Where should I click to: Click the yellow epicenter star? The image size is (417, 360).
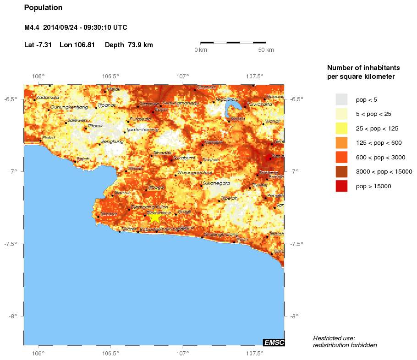coord(155,218)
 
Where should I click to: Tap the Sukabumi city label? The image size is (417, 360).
coord(184,157)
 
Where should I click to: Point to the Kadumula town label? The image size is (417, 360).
coord(48,97)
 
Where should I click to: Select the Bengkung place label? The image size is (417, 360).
coord(112,142)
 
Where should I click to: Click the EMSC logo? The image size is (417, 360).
coord(274,342)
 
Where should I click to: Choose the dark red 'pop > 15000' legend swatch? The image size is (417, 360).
coord(341,186)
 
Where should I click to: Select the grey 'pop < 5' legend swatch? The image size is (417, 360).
coord(341,99)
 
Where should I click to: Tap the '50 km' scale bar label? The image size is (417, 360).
coord(266,49)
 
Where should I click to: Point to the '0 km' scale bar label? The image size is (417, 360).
coord(201,49)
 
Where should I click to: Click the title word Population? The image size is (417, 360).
coord(43,8)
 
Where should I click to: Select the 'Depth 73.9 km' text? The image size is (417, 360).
coord(129,45)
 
